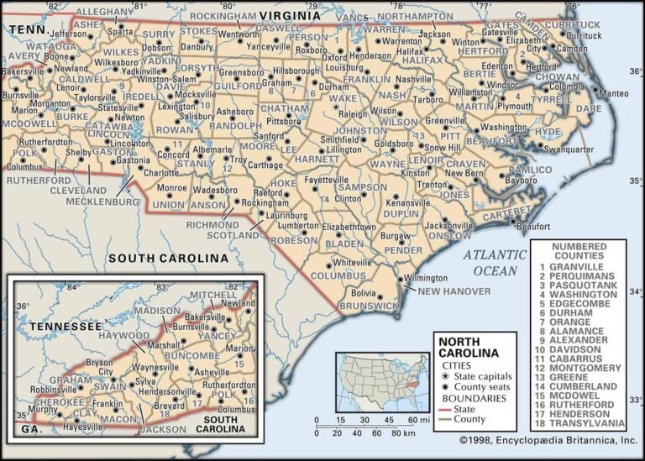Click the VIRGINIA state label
tap(290, 16)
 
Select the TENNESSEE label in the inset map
tap(66, 325)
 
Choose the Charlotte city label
tap(161, 173)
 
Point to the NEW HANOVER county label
tap(454, 291)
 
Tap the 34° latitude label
tap(636, 291)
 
